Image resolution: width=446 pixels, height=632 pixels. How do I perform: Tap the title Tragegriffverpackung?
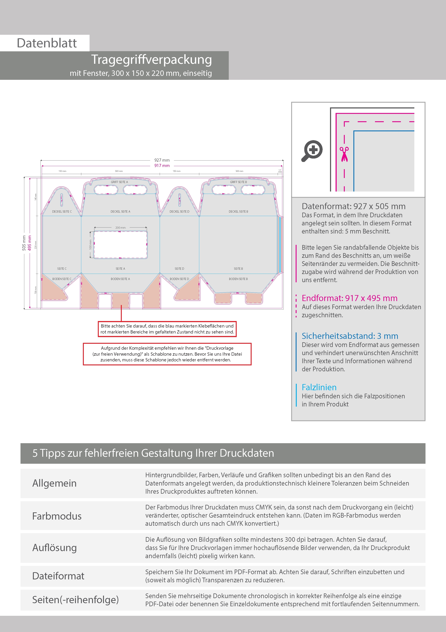(x=151, y=60)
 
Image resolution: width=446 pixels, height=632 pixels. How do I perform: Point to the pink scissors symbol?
(x=344, y=154)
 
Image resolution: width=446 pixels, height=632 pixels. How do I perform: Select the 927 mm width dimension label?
(x=162, y=160)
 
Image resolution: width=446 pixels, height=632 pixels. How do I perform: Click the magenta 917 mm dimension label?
(x=162, y=166)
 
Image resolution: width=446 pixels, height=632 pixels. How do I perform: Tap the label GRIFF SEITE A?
(x=119, y=182)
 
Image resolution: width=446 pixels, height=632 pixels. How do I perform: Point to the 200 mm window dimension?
(x=120, y=228)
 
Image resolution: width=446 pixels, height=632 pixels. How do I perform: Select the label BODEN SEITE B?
(x=238, y=279)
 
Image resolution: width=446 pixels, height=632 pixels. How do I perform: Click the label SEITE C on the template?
(x=62, y=269)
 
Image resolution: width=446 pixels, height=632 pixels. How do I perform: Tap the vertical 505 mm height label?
(x=24, y=243)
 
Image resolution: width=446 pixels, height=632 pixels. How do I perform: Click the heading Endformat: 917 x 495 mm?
(x=349, y=298)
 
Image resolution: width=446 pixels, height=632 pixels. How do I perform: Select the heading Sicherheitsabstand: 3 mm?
(x=350, y=336)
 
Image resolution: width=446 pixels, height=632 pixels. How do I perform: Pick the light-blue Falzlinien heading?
(x=319, y=388)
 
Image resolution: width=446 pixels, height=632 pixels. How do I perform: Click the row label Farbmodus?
(x=57, y=516)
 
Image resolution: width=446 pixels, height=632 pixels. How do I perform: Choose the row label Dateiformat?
(x=58, y=576)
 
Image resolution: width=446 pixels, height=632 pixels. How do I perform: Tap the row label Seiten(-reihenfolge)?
(x=75, y=600)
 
